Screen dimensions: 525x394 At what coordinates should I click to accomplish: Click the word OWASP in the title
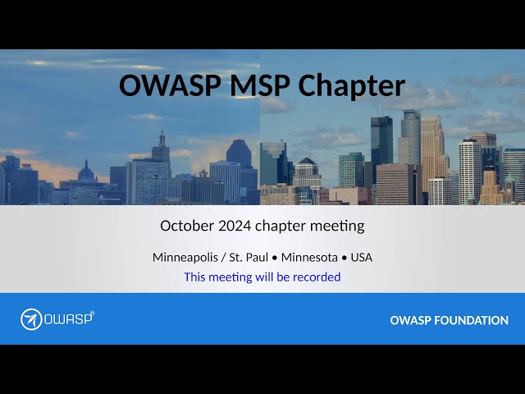pos(170,85)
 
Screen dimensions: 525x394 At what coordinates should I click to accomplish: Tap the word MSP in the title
pos(259,85)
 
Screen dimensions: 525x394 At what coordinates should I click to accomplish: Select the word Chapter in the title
pos(352,86)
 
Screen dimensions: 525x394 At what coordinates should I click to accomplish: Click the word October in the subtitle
pos(187,226)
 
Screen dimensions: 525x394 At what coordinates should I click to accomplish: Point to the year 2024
pos(235,226)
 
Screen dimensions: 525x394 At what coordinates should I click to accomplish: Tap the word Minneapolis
pos(185,257)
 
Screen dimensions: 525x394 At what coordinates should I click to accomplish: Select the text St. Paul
pos(249,257)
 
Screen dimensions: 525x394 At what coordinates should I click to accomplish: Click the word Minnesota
pos(309,257)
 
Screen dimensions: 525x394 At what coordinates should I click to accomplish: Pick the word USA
pos(362,257)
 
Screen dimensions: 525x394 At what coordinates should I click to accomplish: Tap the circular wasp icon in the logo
pos(31,319)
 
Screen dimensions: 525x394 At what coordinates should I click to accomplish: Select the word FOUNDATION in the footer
pos(471,320)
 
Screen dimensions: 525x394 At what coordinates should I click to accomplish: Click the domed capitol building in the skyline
pos(86,172)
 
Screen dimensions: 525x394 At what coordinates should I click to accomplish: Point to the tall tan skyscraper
pos(433,153)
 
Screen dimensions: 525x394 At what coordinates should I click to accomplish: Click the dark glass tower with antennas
pos(381,144)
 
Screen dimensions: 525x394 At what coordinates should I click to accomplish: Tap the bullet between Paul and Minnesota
pos(275,259)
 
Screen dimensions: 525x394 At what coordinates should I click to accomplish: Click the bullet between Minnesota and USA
pos(344,259)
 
